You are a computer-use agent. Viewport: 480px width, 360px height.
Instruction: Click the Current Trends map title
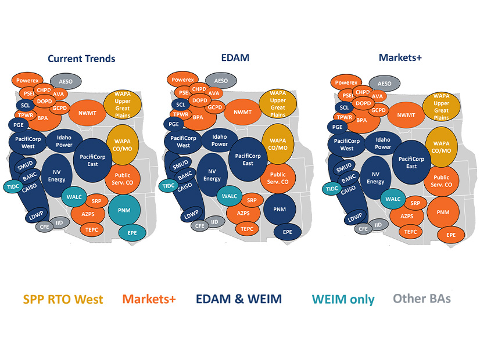click(81, 59)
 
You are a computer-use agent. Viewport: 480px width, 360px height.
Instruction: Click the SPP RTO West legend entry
click(63, 300)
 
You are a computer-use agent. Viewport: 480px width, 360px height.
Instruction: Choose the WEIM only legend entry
click(343, 300)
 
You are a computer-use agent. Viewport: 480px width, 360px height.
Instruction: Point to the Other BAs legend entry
click(422, 298)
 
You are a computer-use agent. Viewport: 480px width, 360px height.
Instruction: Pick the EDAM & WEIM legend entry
click(239, 300)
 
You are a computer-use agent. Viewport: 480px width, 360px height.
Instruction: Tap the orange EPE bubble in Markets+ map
click(451, 235)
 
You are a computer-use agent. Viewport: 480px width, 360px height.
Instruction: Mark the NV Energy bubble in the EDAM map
click(212, 175)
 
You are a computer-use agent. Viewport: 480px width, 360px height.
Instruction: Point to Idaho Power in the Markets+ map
click(383, 143)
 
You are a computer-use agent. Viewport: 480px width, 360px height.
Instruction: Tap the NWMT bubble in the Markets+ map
click(405, 116)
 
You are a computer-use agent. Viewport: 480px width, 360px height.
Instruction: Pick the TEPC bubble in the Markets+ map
click(411, 232)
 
